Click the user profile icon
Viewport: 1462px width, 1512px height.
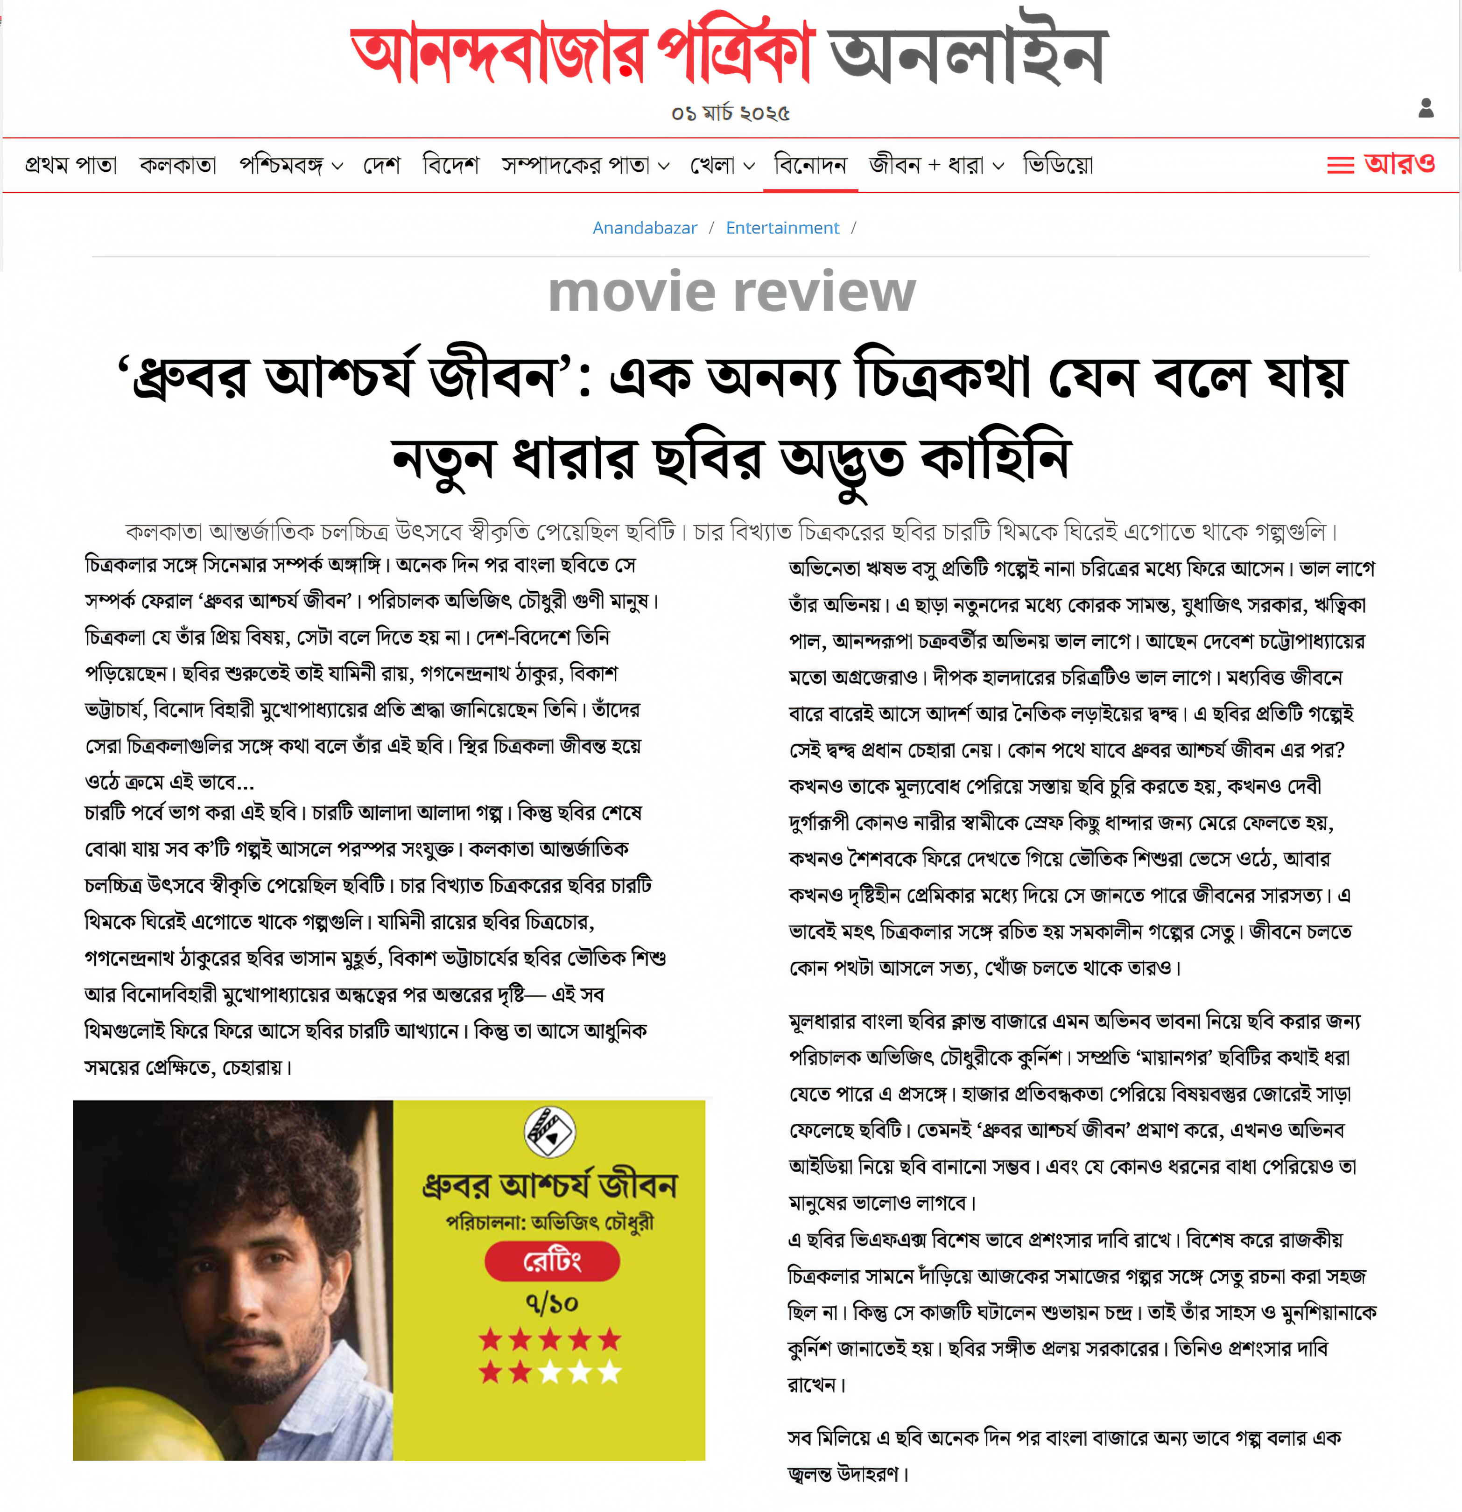(x=1426, y=109)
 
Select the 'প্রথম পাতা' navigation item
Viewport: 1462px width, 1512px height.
(x=71, y=165)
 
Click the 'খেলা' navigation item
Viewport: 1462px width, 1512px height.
(x=721, y=165)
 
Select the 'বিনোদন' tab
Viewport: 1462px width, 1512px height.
(x=810, y=165)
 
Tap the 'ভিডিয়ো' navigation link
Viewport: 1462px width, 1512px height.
(x=1058, y=165)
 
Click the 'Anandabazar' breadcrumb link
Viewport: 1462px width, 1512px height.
(x=644, y=228)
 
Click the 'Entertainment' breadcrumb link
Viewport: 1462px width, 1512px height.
(x=782, y=228)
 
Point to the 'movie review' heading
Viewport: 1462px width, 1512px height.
(x=731, y=293)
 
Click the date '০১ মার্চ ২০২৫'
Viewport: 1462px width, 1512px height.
(x=731, y=113)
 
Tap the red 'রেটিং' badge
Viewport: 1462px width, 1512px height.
(x=552, y=1262)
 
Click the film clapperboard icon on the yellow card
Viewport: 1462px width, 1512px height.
(x=550, y=1132)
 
